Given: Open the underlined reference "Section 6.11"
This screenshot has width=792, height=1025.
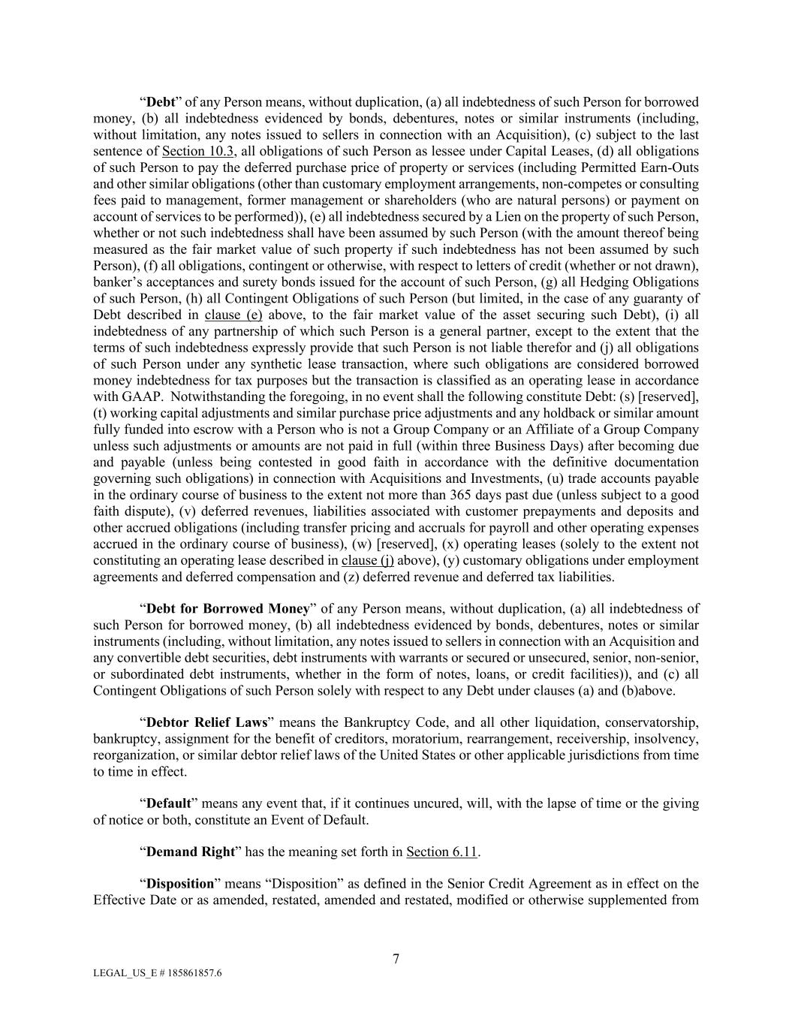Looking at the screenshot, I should point(441,852).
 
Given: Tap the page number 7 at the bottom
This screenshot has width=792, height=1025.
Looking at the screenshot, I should point(396,958).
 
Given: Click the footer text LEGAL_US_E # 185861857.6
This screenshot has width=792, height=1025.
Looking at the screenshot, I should point(157,972).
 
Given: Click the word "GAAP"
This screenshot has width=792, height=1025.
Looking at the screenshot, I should point(128,396).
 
